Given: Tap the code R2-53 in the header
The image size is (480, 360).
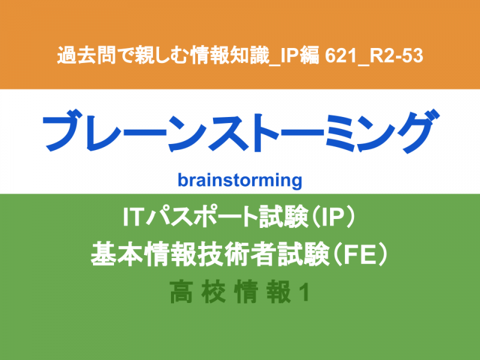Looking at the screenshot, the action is pyautogui.click(x=397, y=56).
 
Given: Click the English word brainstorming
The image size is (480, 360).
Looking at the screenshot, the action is pyautogui.click(x=239, y=181).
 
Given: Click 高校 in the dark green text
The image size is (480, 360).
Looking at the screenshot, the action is pyautogui.click(x=198, y=292).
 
